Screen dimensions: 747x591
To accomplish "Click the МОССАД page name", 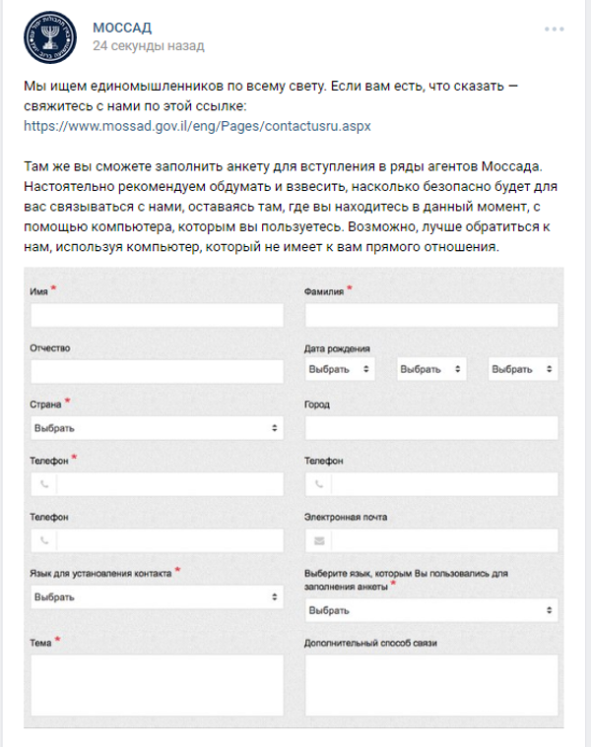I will (x=122, y=26).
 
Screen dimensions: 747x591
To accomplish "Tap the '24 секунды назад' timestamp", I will (x=148, y=45).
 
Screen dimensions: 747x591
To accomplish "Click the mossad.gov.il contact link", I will (x=197, y=127).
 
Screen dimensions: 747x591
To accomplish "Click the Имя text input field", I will (x=157, y=315).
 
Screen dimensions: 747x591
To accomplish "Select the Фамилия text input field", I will (x=431, y=315).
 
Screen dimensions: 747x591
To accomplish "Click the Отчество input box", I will (x=157, y=371).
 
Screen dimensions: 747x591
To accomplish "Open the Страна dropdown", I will (x=157, y=428).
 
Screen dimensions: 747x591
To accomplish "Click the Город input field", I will (x=431, y=428).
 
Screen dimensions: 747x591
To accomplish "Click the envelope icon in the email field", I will (x=318, y=541).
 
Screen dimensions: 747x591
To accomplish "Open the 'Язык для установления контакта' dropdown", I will (x=157, y=597).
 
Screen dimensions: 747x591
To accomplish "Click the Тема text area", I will (x=157, y=689).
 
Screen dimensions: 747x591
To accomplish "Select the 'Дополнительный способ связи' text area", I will (x=431, y=689).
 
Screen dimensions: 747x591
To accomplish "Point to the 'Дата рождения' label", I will (x=338, y=348).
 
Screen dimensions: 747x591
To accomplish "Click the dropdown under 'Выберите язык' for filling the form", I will (x=431, y=611).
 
